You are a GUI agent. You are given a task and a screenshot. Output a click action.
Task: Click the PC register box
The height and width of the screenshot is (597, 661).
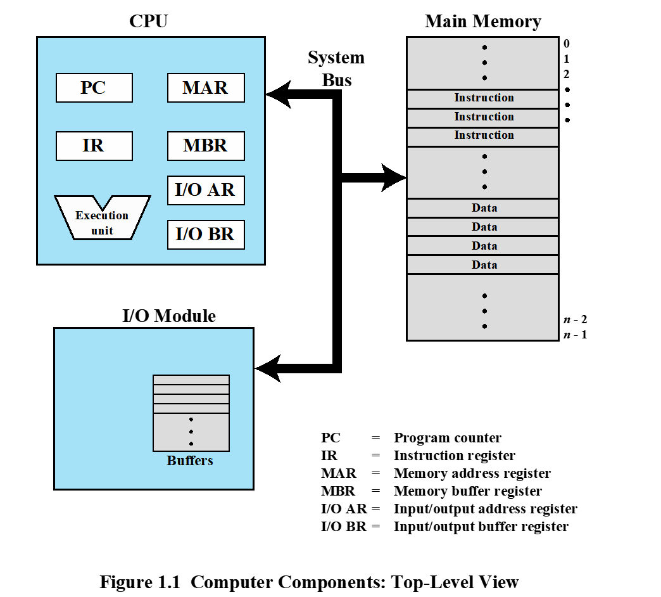tap(94, 87)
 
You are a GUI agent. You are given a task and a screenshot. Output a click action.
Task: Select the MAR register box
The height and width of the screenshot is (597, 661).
tap(206, 87)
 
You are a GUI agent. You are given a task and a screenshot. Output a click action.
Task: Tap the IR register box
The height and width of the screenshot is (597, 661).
tap(94, 146)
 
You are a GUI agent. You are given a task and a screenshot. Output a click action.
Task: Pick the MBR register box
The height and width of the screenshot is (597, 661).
tap(206, 146)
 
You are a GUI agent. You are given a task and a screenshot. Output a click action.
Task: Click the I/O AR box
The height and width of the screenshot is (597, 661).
tap(206, 190)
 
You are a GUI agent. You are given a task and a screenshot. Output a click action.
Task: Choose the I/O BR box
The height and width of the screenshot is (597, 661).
tap(206, 234)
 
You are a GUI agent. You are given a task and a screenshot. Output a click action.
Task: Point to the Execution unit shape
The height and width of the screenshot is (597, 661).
tap(102, 222)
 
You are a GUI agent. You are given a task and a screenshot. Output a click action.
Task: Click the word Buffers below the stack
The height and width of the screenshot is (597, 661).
tap(190, 461)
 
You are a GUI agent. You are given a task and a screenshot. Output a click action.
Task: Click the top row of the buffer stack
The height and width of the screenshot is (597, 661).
tap(191, 380)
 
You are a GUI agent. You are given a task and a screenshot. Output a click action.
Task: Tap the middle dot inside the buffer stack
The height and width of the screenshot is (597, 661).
tap(191, 432)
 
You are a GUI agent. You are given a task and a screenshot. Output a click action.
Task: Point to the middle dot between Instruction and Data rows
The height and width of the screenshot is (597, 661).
tap(484, 172)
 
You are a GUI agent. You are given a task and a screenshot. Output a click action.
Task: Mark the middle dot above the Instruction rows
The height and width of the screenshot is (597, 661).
tap(484, 63)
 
